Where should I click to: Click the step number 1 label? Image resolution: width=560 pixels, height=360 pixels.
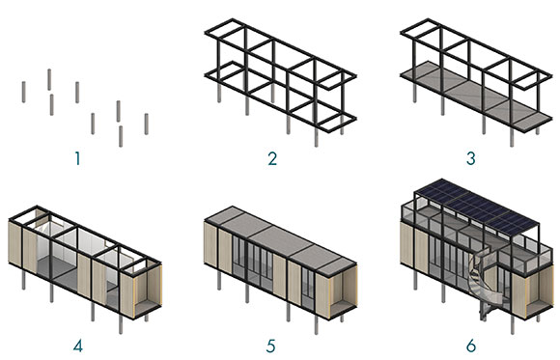(77, 158)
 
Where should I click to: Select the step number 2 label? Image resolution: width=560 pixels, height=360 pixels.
(272, 158)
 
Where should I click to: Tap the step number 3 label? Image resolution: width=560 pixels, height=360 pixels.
(471, 158)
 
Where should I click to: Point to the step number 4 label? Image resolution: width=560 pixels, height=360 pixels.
(78, 346)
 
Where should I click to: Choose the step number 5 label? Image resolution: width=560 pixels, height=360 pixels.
(271, 346)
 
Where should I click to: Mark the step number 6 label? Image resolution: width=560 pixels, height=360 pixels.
(471, 346)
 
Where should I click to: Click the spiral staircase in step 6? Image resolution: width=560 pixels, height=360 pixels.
(485, 284)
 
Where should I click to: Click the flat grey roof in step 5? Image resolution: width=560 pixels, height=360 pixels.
(280, 238)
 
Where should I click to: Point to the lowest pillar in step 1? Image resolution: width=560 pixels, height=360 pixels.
(121, 136)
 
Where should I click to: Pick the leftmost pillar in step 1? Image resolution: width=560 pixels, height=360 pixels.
(23, 92)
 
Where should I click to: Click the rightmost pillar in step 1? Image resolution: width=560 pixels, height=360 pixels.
(147, 124)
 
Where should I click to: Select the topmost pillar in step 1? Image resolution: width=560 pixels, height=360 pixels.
(49, 80)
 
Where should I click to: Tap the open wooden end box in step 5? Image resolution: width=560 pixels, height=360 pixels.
(342, 289)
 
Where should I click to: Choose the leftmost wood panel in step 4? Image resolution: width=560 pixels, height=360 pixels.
(15, 243)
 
